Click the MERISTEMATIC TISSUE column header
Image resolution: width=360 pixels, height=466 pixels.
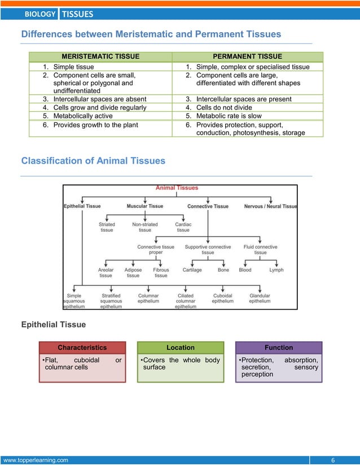point(99,56)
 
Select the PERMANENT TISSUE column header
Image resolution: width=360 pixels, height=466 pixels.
point(247,56)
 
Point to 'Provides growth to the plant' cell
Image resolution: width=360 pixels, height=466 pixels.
point(95,125)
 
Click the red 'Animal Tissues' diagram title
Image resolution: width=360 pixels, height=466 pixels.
point(177,188)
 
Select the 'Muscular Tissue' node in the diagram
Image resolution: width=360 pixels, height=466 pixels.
point(145,206)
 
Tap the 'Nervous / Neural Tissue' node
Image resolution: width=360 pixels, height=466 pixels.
point(270,206)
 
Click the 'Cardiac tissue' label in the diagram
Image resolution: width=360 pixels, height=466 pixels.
point(183,227)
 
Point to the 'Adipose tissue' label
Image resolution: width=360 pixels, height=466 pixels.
point(133,273)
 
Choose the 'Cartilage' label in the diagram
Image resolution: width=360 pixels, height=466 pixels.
point(192,270)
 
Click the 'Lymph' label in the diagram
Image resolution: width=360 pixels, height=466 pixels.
point(276,270)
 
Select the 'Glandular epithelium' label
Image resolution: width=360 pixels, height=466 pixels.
point(260,298)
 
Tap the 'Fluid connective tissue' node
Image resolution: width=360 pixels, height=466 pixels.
point(260,249)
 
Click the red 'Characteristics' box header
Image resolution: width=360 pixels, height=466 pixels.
point(82,348)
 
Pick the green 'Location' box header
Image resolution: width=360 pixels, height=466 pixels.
point(181,348)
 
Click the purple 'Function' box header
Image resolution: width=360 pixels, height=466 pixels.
point(279,348)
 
